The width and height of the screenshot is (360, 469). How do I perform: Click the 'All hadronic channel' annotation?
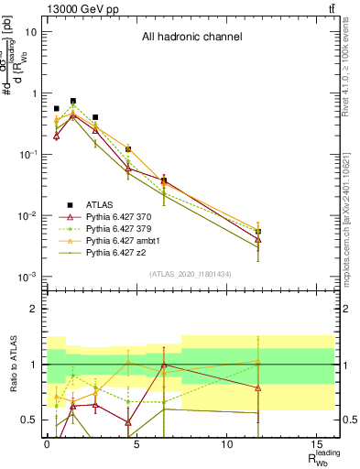[191, 38]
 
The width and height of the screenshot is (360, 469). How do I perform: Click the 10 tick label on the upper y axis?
[31, 32]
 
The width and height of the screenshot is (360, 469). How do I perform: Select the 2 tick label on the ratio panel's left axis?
[34, 309]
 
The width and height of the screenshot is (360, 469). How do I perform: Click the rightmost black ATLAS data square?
[258, 232]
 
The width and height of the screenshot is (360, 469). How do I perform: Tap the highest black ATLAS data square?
[73, 101]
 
